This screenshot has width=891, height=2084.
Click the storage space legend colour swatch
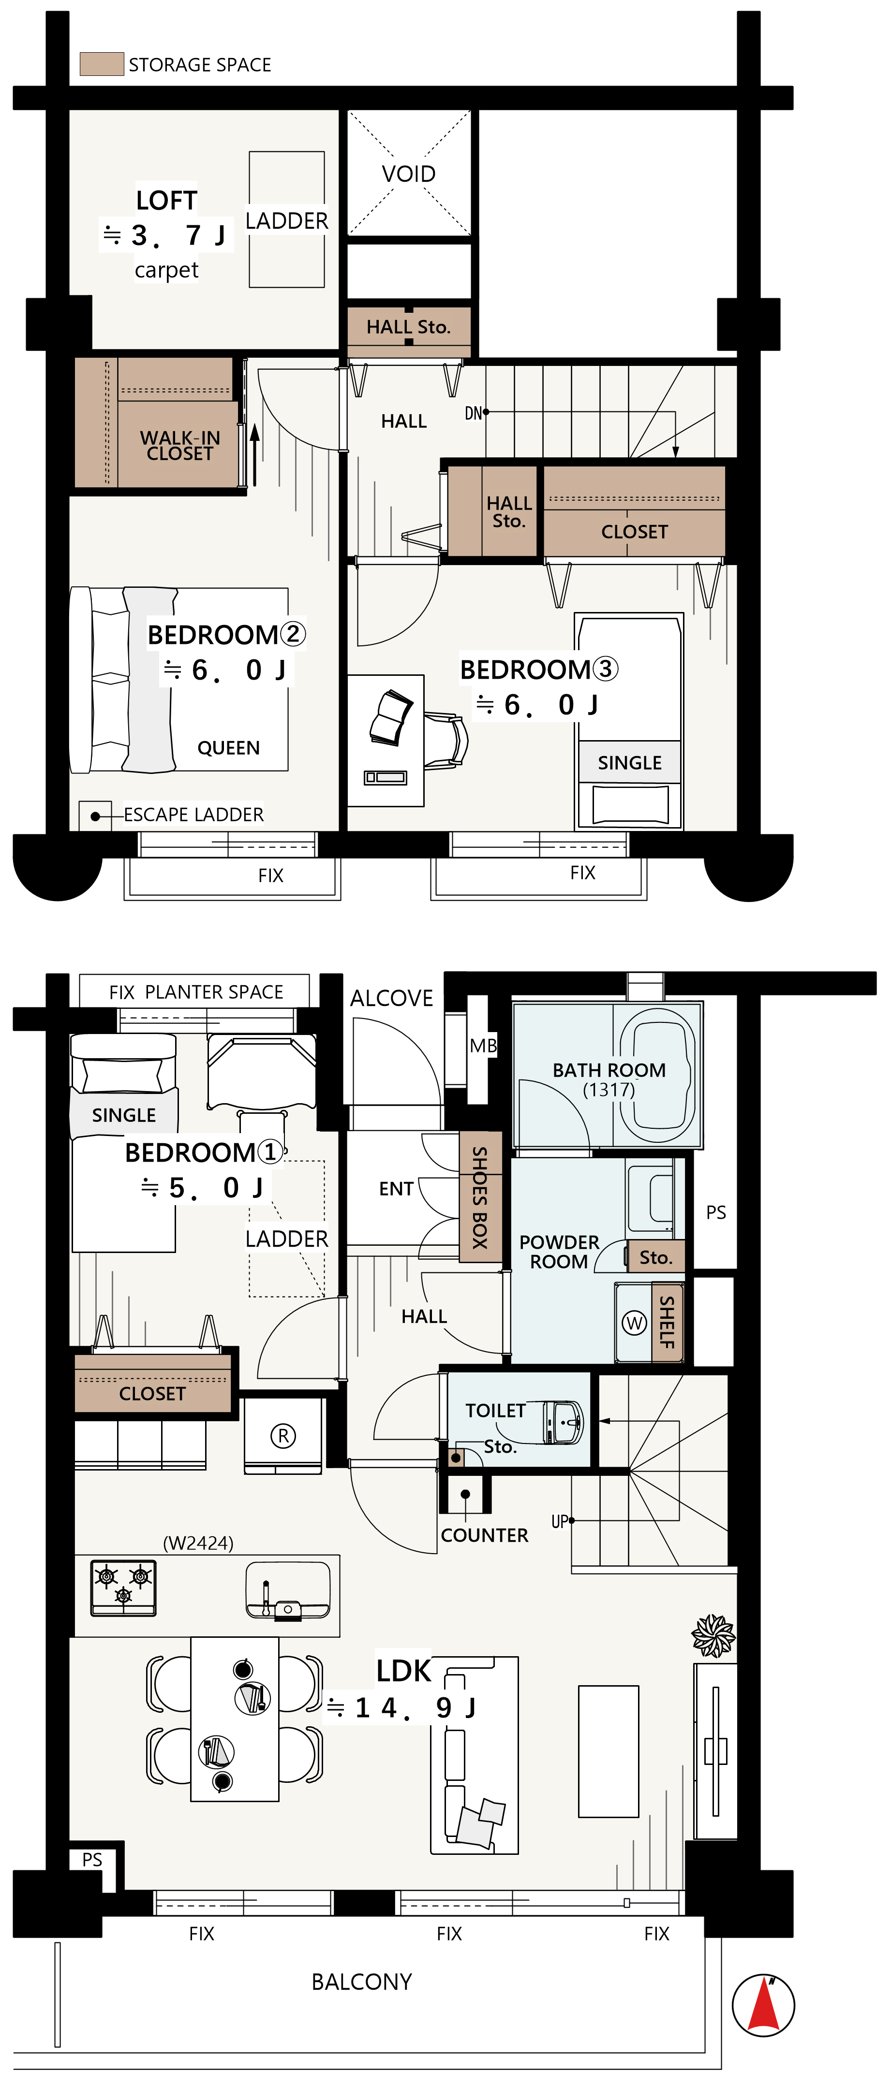point(102,64)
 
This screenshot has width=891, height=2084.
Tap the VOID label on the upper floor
point(409,174)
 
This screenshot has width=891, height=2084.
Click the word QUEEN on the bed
point(229,747)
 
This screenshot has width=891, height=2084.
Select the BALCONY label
point(362,1981)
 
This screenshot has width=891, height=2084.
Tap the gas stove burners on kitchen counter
point(123,1587)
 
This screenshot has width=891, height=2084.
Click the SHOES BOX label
point(480,1197)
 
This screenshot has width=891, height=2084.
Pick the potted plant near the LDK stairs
point(713,1635)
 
